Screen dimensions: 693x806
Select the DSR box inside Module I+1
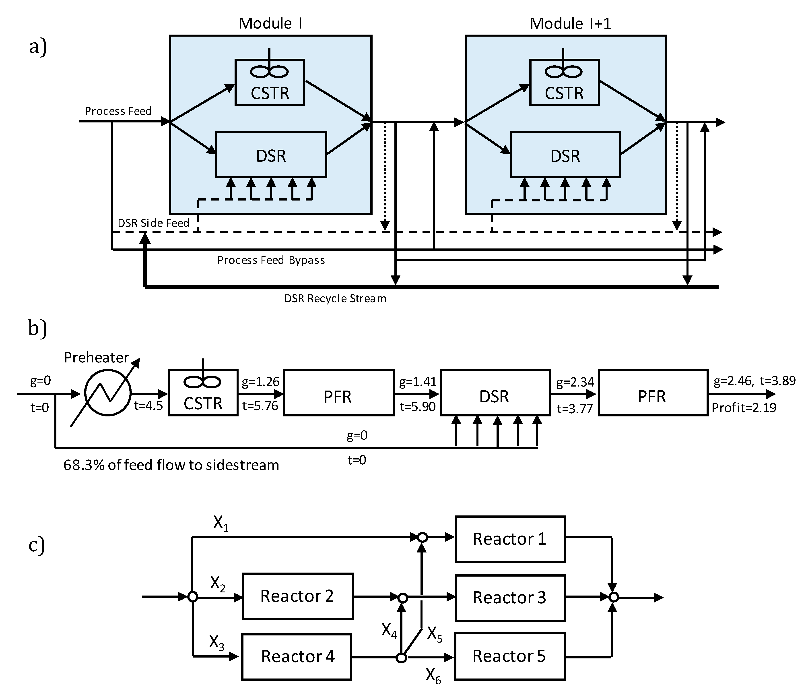coord(565,155)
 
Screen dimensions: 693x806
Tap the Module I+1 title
coord(570,24)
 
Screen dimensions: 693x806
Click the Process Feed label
coord(118,111)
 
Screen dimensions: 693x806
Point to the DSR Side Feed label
coord(153,223)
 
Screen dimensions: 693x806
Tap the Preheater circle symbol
coord(108,393)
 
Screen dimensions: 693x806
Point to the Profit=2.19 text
coord(744,408)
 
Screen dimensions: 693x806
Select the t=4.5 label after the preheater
coord(148,406)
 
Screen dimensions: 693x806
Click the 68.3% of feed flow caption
coord(171,465)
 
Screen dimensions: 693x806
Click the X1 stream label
coord(221,524)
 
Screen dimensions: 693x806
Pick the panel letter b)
coord(38,328)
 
